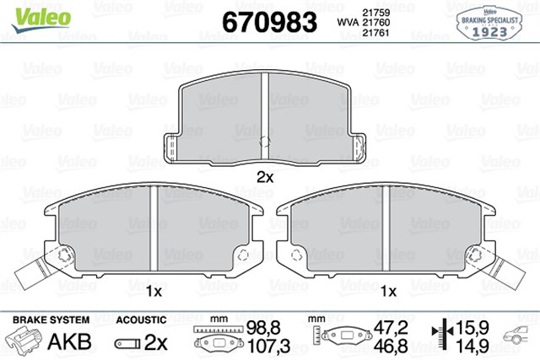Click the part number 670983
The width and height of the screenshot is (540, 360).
click(268, 21)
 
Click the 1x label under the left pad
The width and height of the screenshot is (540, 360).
click(153, 292)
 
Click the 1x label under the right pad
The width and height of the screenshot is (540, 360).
click(388, 292)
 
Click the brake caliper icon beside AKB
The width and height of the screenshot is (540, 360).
click(25, 341)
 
